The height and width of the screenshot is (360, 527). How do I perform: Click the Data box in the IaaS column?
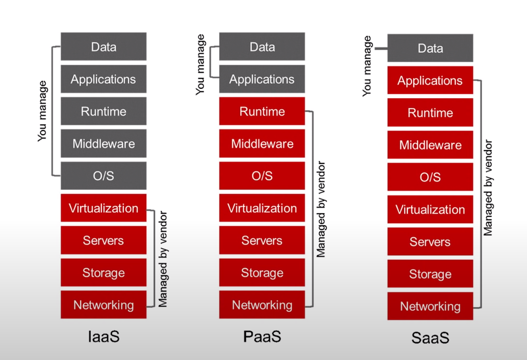coord(103,47)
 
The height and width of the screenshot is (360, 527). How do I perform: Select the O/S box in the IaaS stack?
coord(103,176)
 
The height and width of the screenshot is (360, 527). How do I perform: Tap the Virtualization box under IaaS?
coord(103,208)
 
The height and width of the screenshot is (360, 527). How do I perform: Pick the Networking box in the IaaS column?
coord(103,305)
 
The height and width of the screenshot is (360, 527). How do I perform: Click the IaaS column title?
coord(103,336)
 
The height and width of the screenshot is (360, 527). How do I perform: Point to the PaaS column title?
coord(262,336)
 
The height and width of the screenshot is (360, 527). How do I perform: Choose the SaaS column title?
coord(430,338)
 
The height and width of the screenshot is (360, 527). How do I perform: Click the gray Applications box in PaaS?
coord(262,79)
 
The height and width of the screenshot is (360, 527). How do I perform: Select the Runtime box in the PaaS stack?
coord(262,111)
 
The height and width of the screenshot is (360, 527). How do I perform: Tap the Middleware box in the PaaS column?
coord(262,144)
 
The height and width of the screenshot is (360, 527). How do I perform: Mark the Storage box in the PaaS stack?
coord(262,273)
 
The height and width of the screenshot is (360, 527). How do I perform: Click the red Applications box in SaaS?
coord(430,80)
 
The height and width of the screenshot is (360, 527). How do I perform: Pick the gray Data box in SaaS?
coord(430,48)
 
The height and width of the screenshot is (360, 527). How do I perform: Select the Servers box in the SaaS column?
coord(430,242)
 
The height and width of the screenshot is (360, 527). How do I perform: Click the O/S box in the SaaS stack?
coord(430,177)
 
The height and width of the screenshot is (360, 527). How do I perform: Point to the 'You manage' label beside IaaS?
coord(42,111)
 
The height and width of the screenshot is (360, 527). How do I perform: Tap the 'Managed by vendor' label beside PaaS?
coord(321,209)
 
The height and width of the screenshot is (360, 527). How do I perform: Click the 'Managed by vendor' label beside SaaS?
coord(488,187)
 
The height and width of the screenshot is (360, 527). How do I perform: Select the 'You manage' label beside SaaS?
coord(367,65)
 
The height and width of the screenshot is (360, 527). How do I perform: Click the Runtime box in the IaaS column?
coord(103,111)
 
